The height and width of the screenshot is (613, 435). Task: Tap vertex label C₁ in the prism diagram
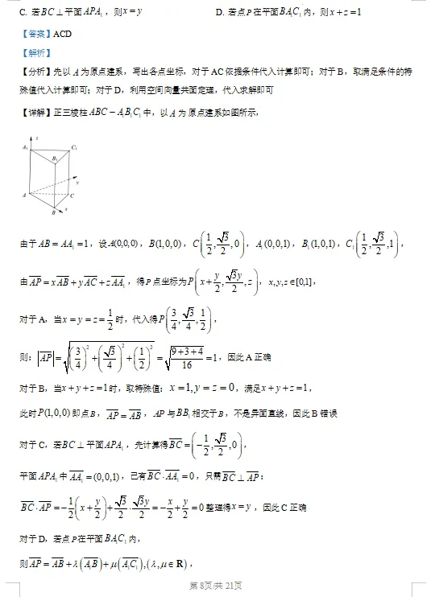74,148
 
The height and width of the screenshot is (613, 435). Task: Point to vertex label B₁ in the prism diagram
56,160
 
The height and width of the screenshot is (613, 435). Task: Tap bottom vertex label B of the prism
52,213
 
